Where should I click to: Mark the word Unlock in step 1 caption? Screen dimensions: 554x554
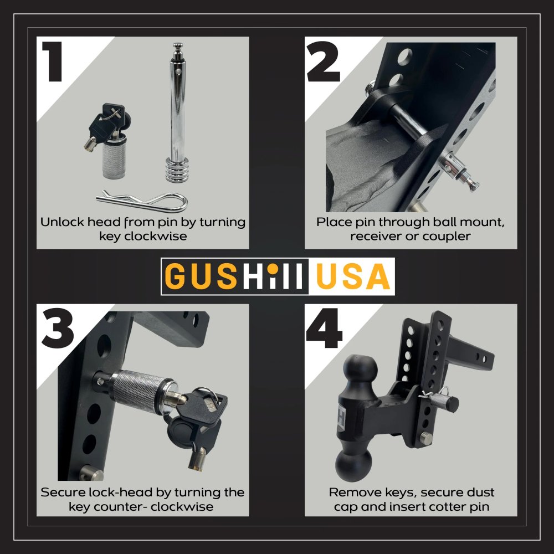tap(59, 222)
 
